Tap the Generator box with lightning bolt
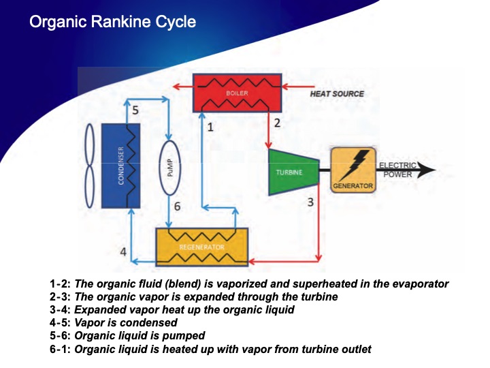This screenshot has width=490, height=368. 353,169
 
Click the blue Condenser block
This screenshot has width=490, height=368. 120,166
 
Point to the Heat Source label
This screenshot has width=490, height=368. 337,93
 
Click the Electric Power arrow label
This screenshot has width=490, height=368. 397,170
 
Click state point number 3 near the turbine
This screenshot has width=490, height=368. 310,202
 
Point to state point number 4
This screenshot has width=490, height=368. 123,252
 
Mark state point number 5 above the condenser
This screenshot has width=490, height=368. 135,110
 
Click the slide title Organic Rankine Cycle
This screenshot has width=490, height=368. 112,22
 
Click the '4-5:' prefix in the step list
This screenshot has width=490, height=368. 60,322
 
